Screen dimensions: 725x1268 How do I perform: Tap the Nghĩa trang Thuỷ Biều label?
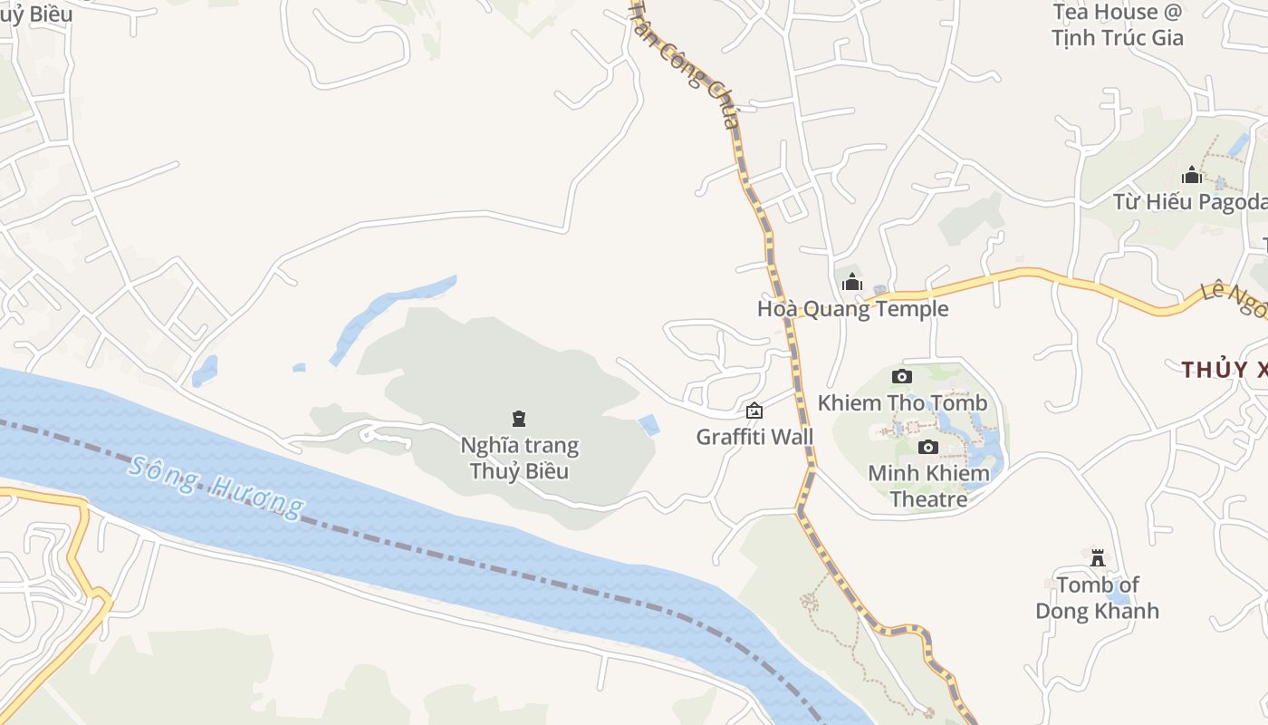(x=519, y=458)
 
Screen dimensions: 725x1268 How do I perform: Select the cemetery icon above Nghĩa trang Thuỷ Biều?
(x=519, y=419)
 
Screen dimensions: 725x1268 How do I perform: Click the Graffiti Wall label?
(x=754, y=437)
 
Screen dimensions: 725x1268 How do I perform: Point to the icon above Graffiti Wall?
(x=754, y=411)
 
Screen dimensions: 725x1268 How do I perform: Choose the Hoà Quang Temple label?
(x=852, y=309)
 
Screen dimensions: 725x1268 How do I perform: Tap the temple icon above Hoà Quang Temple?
(x=851, y=283)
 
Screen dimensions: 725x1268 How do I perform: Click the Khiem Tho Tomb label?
(x=902, y=402)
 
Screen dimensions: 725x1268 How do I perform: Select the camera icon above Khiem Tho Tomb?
(x=902, y=376)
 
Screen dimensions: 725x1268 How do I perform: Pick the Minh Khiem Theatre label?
(x=927, y=486)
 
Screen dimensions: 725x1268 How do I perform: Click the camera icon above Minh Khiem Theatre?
(x=927, y=447)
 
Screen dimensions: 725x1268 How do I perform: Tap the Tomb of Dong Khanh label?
(x=1097, y=597)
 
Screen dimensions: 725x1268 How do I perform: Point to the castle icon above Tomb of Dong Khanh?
(x=1098, y=556)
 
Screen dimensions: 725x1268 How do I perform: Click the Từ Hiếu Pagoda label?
(x=1190, y=201)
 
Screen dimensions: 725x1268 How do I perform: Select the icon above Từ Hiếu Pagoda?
(x=1191, y=175)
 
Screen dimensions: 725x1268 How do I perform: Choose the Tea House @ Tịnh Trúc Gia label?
(x=1118, y=24)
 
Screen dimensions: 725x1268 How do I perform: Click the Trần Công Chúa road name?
(x=686, y=63)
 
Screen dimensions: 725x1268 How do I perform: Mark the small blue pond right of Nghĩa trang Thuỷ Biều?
(x=648, y=424)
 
